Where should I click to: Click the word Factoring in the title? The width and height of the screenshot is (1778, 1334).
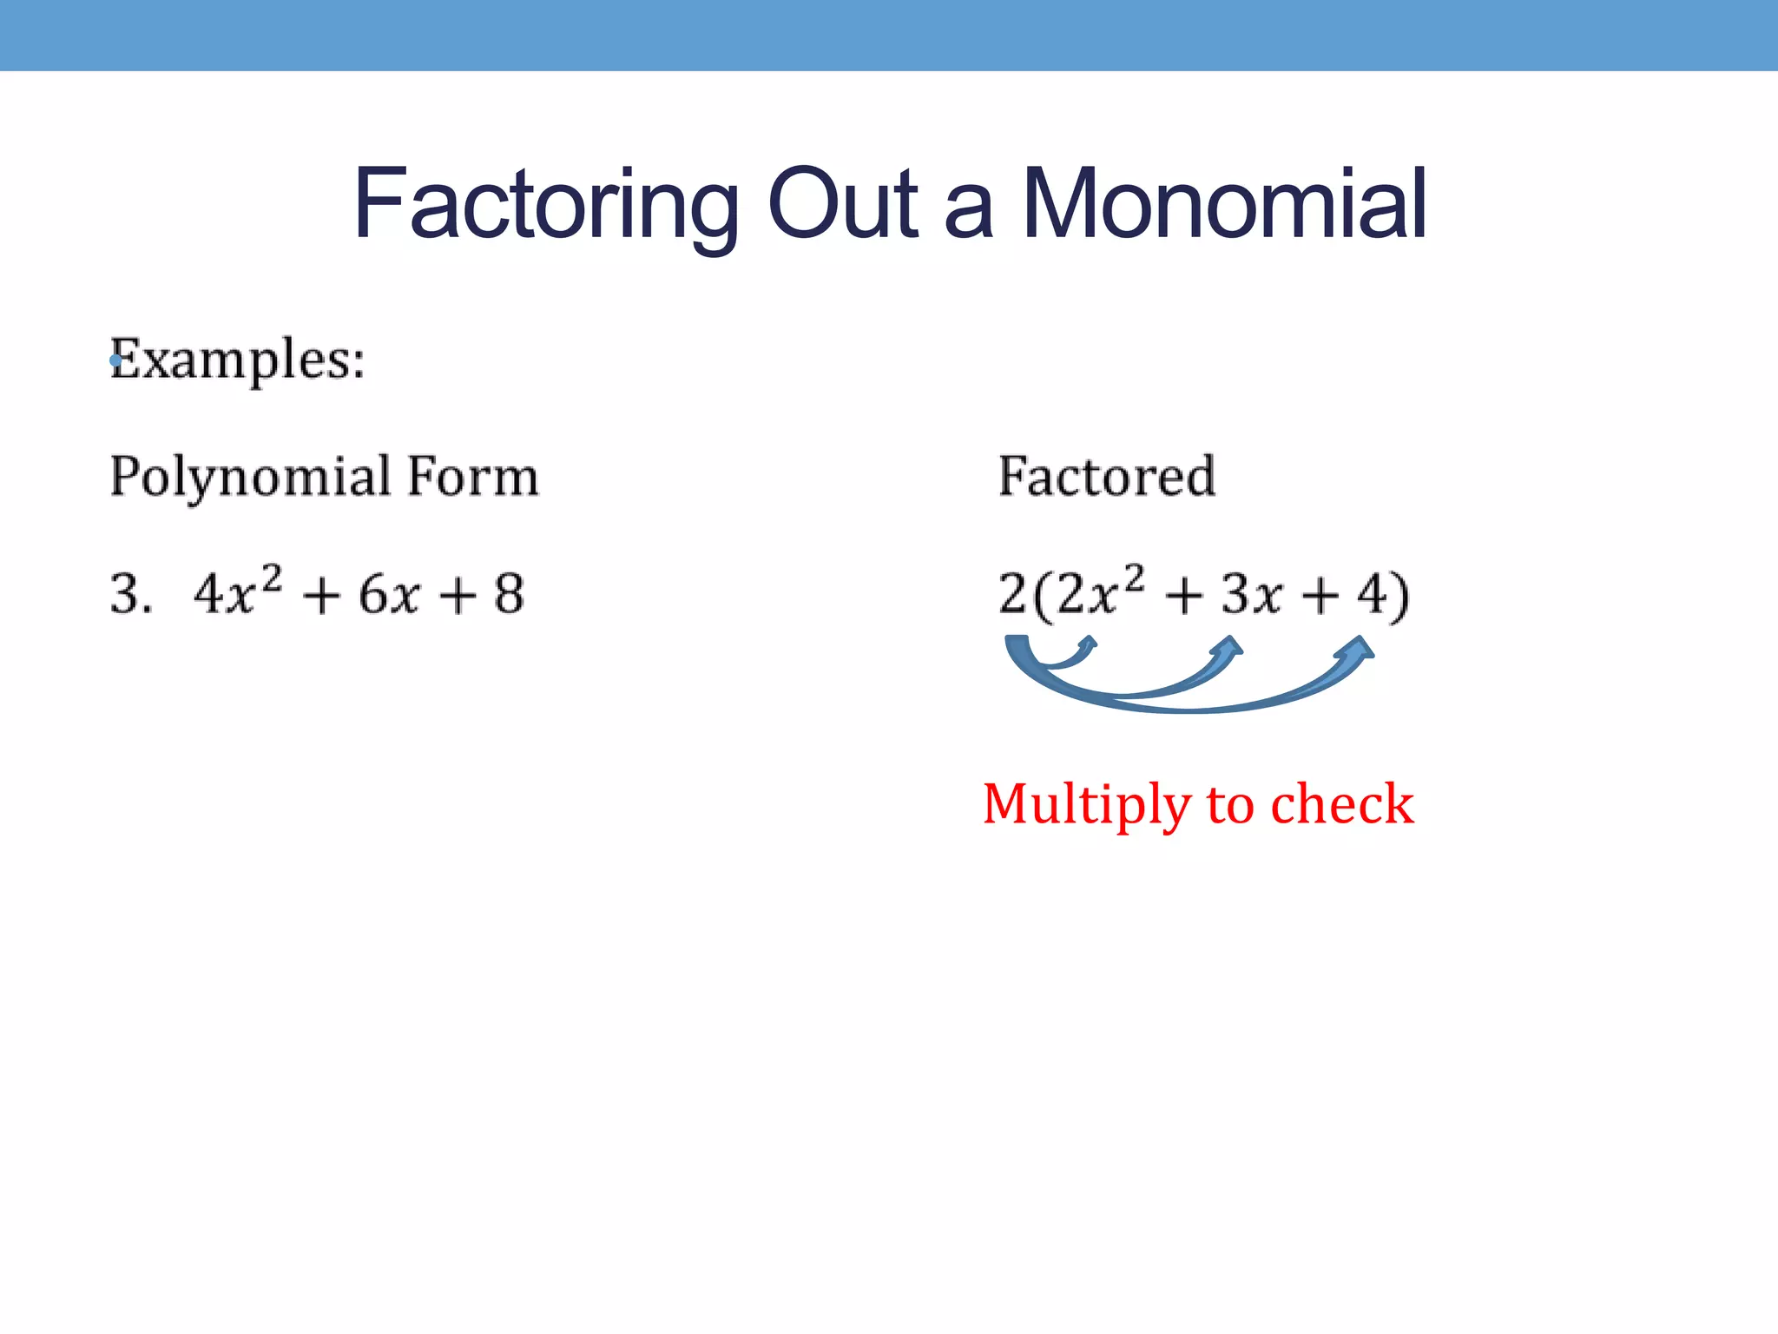(x=545, y=205)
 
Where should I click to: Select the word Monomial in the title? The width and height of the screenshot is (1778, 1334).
(x=1224, y=205)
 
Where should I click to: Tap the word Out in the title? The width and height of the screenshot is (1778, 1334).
(x=842, y=205)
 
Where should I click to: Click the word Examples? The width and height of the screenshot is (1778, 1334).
(x=238, y=360)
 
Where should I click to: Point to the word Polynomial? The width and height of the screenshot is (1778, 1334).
(x=251, y=477)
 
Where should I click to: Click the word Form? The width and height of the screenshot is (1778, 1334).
(x=473, y=477)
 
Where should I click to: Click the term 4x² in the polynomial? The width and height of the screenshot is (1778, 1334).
(x=237, y=592)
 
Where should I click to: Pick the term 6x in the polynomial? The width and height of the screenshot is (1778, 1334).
(x=390, y=595)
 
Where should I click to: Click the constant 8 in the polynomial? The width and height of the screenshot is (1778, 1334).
(x=509, y=595)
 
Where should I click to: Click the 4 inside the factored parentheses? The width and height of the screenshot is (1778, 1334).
(x=1372, y=595)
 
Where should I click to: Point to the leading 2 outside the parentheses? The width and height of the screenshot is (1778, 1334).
(x=1012, y=595)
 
